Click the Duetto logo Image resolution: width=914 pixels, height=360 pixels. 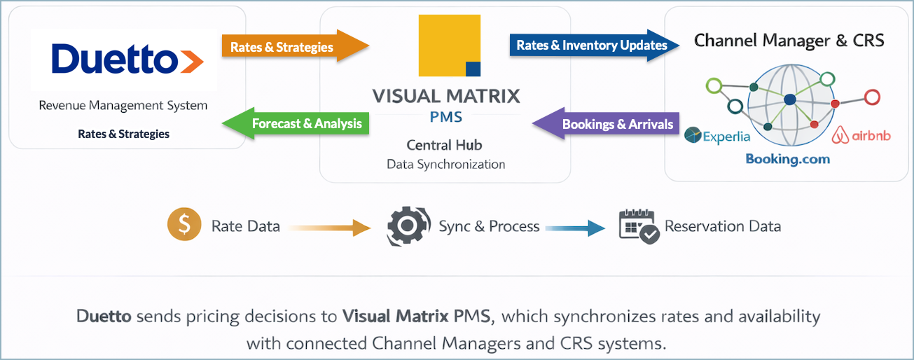click(127, 60)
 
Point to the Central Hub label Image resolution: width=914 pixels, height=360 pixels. click(445, 146)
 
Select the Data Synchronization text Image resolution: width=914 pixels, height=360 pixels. click(445, 165)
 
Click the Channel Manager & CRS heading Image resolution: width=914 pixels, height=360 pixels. click(789, 40)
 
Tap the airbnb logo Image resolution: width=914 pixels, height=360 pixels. click(861, 135)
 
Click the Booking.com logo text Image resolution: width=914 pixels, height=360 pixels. click(787, 159)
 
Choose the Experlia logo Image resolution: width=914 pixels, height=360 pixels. click(717, 137)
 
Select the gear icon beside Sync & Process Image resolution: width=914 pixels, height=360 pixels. click(408, 226)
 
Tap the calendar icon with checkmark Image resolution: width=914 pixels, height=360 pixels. click(639, 226)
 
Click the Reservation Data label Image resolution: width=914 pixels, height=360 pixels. click(722, 226)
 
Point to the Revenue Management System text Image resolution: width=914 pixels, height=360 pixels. click(123, 106)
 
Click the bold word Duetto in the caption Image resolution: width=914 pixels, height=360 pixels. click(104, 316)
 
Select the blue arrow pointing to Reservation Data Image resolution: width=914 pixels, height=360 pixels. click(574, 227)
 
